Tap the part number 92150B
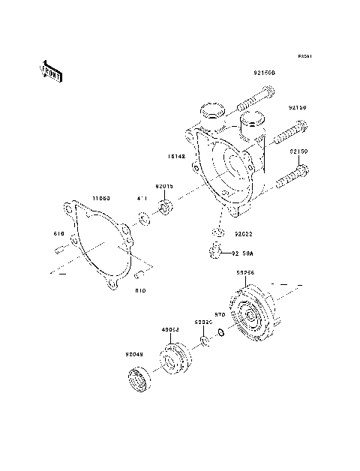click(264, 73)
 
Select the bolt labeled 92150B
click(256, 96)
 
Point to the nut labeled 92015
click(166, 205)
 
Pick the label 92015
click(165, 186)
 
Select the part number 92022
click(241, 234)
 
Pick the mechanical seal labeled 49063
click(178, 358)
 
